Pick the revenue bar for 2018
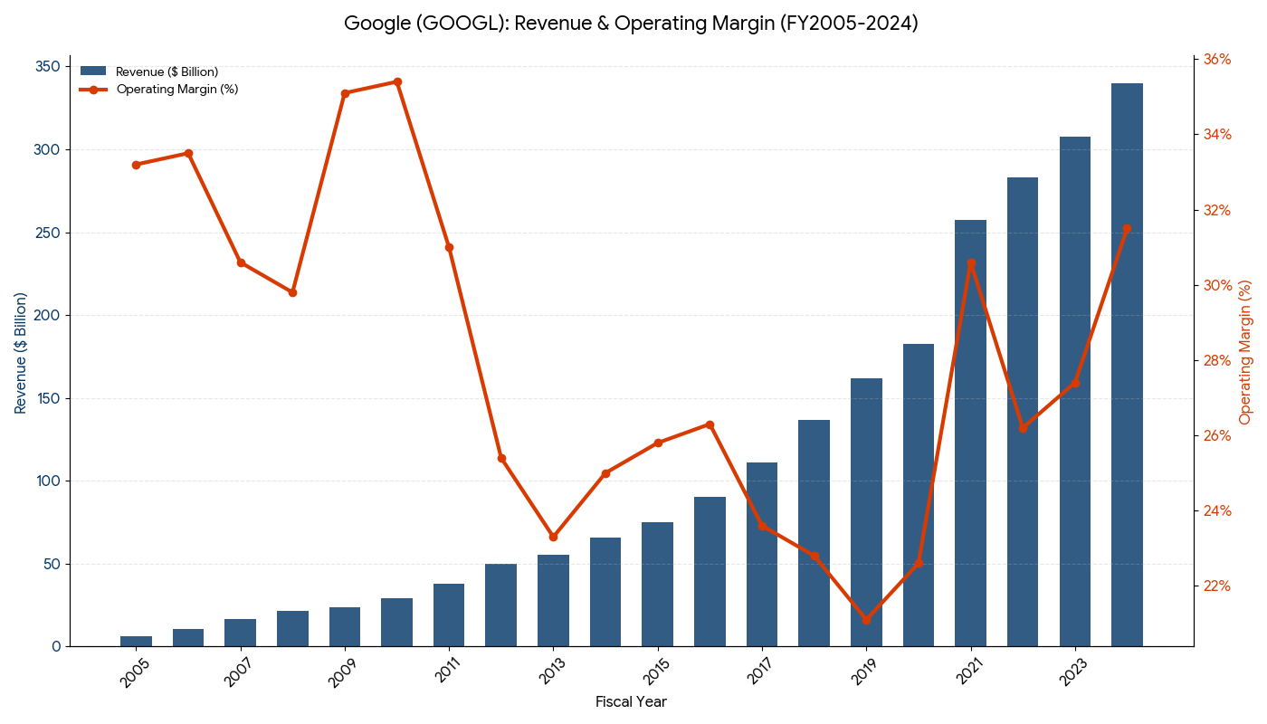(814, 533)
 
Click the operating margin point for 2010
(397, 81)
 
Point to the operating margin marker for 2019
(866, 620)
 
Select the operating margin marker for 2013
(553, 537)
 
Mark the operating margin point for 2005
(136, 165)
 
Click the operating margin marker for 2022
(1023, 428)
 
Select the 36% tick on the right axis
(1217, 60)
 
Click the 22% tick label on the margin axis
(1217, 586)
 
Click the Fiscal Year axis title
(631, 702)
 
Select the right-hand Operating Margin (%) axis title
(1245, 352)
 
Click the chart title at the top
(631, 24)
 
